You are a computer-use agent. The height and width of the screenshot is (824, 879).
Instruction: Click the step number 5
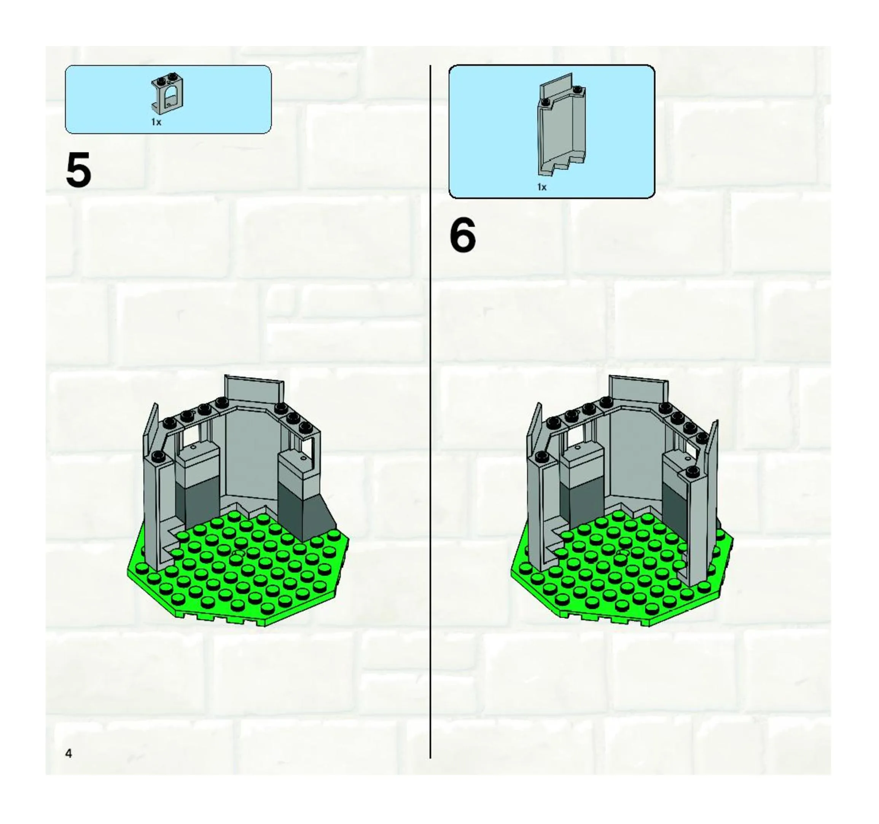pos(78,169)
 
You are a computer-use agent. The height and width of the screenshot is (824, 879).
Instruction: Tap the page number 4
pos(68,753)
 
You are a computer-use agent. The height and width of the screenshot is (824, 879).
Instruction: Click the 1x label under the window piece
pos(156,122)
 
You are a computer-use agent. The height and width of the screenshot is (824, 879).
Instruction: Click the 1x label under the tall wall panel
pos(541,187)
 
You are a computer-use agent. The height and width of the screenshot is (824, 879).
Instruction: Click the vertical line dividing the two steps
pos(430,411)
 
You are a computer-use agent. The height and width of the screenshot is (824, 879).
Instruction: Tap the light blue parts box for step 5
pos(168,99)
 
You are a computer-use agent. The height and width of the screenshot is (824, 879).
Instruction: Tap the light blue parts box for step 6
pos(552,132)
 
